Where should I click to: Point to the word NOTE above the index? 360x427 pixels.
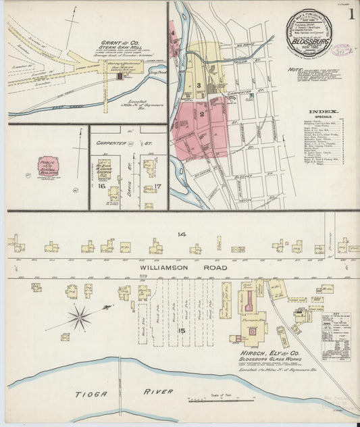[294, 69]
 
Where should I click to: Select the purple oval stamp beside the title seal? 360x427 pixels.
[342, 49]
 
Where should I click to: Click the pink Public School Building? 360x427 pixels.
[48, 166]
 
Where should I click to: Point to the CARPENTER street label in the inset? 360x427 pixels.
[107, 143]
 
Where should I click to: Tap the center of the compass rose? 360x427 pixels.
[81, 315]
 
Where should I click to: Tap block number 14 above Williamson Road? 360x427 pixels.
[181, 234]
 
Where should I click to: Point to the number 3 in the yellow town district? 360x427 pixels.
[199, 84]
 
